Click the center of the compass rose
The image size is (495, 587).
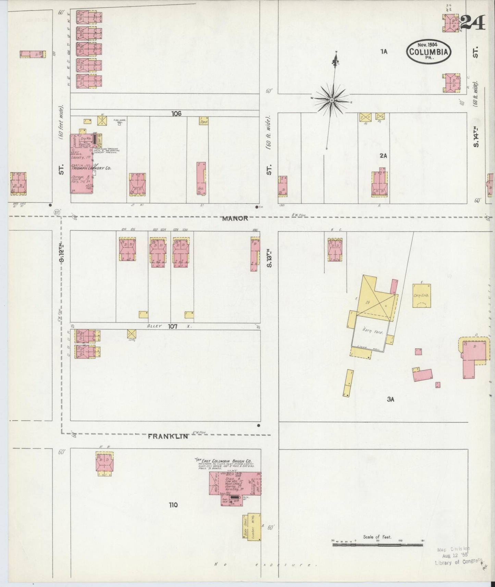point(332,100)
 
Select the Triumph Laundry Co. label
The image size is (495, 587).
point(91,168)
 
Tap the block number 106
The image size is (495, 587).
point(176,113)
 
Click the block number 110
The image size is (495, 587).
point(173,505)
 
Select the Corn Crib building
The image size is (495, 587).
point(421,296)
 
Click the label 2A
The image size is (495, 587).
point(383,156)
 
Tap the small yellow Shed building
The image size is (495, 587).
point(204,121)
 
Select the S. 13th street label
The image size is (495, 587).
point(269,260)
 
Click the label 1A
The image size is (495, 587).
point(383,51)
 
